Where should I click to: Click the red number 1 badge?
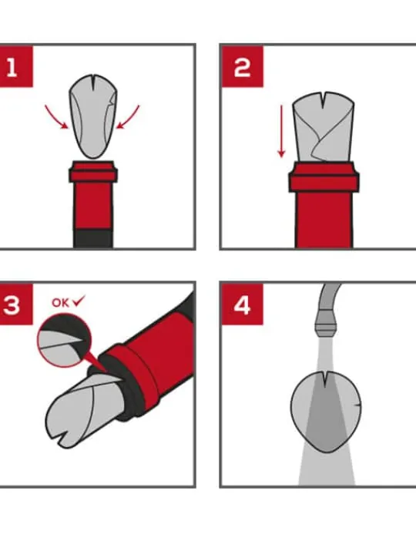click(x=16, y=66)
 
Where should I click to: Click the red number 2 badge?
click(x=243, y=66)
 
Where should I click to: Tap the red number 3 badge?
click(x=16, y=304)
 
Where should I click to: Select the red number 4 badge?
click(x=243, y=304)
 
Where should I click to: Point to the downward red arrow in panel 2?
click(x=282, y=131)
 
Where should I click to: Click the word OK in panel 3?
click(x=61, y=303)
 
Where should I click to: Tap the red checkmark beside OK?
click(x=79, y=301)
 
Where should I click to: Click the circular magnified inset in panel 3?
click(x=65, y=341)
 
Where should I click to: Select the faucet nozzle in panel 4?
click(x=328, y=324)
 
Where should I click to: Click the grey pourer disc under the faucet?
click(x=326, y=412)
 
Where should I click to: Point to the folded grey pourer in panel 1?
click(x=92, y=117)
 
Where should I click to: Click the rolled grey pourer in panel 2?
click(x=323, y=127)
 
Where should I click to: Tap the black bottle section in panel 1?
click(x=93, y=238)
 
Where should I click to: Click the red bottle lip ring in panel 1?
click(x=93, y=172)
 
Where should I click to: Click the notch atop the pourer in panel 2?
click(x=324, y=100)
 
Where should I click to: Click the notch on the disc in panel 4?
click(x=325, y=381)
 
